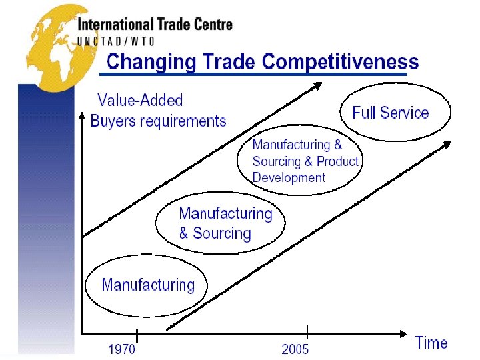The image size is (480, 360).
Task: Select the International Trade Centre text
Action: click(155, 25)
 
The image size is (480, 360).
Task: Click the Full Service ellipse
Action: click(395, 113)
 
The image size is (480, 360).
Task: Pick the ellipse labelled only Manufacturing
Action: click(146, 286)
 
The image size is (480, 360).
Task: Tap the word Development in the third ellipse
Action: click(289, 178)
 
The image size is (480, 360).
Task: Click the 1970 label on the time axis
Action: click(121, 349)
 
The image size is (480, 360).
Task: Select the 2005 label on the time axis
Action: click(295, 349)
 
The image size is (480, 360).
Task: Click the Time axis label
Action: click(431, 343)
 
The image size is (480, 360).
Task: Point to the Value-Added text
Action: click(140, 101)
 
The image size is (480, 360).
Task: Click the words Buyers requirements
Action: click(158, 121)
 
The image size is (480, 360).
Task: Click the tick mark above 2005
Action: click(307, 331)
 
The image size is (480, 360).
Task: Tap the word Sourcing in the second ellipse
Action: click(221, 234)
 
